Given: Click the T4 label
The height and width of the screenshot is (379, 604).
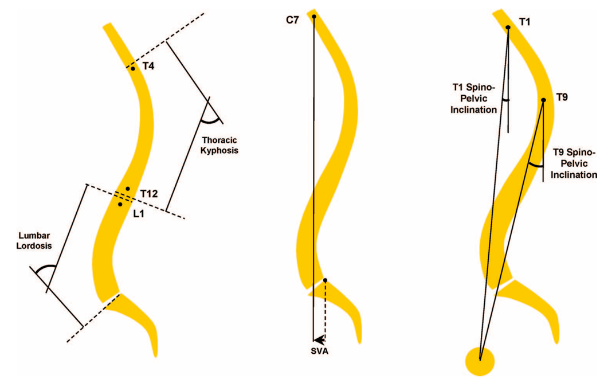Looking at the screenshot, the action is (x=148, y=67).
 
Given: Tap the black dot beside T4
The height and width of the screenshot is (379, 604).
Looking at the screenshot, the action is (x=133, y=69).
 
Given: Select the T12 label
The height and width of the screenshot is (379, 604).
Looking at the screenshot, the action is (x=149, y=194).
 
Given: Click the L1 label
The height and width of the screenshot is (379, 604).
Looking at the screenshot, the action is (x=139, y=213).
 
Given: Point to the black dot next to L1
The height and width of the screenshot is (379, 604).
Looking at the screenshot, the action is (x=120, y=204).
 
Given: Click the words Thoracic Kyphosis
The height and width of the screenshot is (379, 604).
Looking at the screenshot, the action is (x=219, y=146).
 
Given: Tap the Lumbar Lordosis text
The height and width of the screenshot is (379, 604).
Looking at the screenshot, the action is (x=34, y=241).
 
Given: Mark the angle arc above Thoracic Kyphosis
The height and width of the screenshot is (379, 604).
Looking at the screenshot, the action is (x=211, y=121).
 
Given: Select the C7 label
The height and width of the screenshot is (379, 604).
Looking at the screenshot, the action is (x=292, y=20).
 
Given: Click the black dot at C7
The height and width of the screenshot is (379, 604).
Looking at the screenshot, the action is (x=315, y=17).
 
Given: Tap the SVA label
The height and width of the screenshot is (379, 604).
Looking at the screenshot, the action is (x=320, y=351).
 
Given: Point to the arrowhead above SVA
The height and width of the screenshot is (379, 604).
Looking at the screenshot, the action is (x=318, y=340).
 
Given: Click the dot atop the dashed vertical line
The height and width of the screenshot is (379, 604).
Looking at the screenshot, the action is (x=325, y=280).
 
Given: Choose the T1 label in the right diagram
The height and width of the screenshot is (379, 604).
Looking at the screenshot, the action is (x=525, y=22).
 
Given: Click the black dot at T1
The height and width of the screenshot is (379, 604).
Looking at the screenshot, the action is (x=508, y=28).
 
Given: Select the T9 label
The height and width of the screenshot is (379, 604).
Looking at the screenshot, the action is (x=562, y=97).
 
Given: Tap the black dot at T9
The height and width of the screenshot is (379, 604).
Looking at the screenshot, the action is (x=543, y=100).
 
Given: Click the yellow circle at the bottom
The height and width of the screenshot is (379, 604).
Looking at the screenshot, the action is (x=480, y=361).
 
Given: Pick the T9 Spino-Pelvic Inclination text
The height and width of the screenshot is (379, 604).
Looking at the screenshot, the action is (x=574, y=163).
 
